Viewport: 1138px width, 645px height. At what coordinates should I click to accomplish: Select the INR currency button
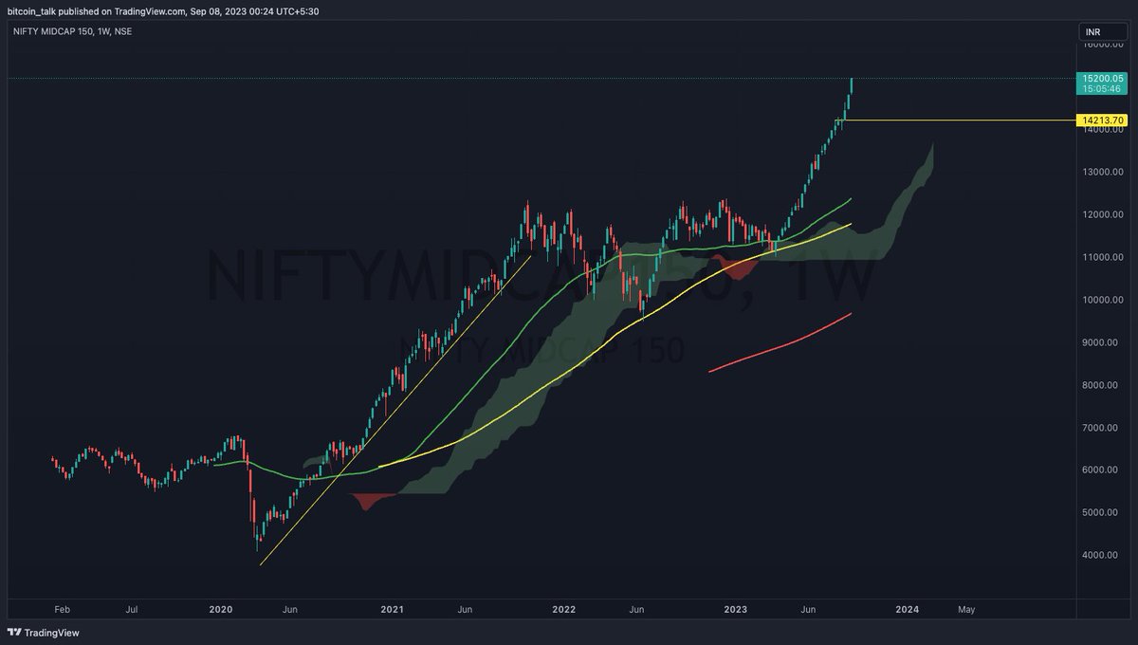pyautogui.click(x=1093, y=32)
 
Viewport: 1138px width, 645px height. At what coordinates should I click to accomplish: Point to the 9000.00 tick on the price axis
pyautogui.click(x=1105, y=342)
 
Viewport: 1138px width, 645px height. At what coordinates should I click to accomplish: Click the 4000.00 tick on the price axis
pyautogui.click(x=1105, y=555)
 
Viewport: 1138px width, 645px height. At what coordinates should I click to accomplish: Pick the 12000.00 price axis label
pyautogui.click(x=1105, y=214)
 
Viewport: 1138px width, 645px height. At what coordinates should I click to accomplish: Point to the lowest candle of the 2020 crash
pyautogui.click(x=257, y=544)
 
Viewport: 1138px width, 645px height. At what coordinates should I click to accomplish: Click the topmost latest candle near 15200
pyautogui.click(x=852, y=84)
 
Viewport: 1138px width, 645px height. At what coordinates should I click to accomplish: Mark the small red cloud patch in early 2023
pyautogui.click(x=743, y=269)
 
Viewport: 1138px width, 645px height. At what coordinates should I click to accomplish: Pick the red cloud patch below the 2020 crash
pyautogui.click(x=370, y=500)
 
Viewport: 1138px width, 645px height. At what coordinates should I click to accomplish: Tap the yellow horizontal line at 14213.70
pyautogui.click(x=958, y=120)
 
